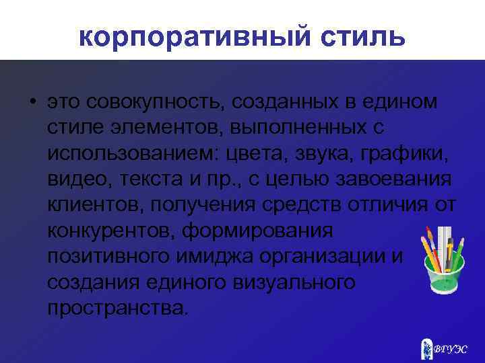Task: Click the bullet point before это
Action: pos(32,102)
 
